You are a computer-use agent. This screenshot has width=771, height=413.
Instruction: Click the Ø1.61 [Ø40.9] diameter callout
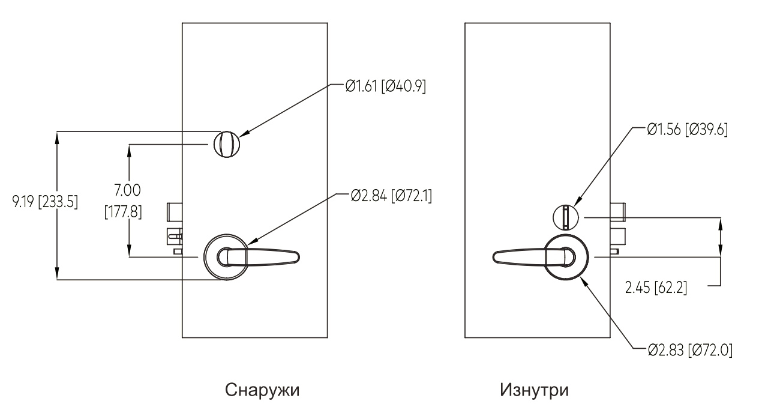click(385, 86)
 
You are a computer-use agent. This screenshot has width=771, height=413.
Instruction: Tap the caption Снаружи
click(262, 390)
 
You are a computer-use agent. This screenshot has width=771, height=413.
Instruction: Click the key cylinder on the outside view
click(226, 144)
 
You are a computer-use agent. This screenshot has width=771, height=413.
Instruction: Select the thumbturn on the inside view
click(565, 217)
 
